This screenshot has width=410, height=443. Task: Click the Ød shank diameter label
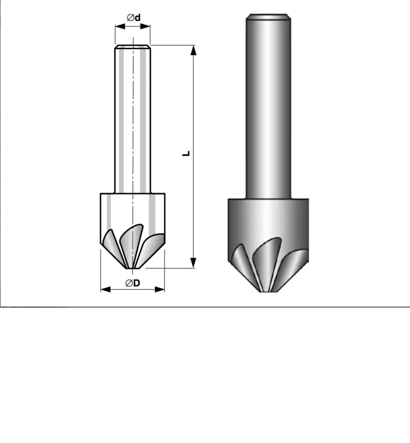pos(134,18)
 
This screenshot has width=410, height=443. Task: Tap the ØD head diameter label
pos(133,283)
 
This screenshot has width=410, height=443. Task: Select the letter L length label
pos(186,154)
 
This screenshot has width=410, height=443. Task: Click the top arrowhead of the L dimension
pos(194,50)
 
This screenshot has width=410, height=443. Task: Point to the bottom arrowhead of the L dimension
pos(194,263)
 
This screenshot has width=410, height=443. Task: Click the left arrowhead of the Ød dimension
pos(120,26)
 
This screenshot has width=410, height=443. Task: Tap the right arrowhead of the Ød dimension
pos(145,26)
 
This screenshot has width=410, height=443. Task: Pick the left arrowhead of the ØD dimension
pos(105,289)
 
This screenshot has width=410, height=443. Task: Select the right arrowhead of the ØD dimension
pos(160,289)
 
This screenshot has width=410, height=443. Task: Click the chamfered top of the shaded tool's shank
pos(268,17)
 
